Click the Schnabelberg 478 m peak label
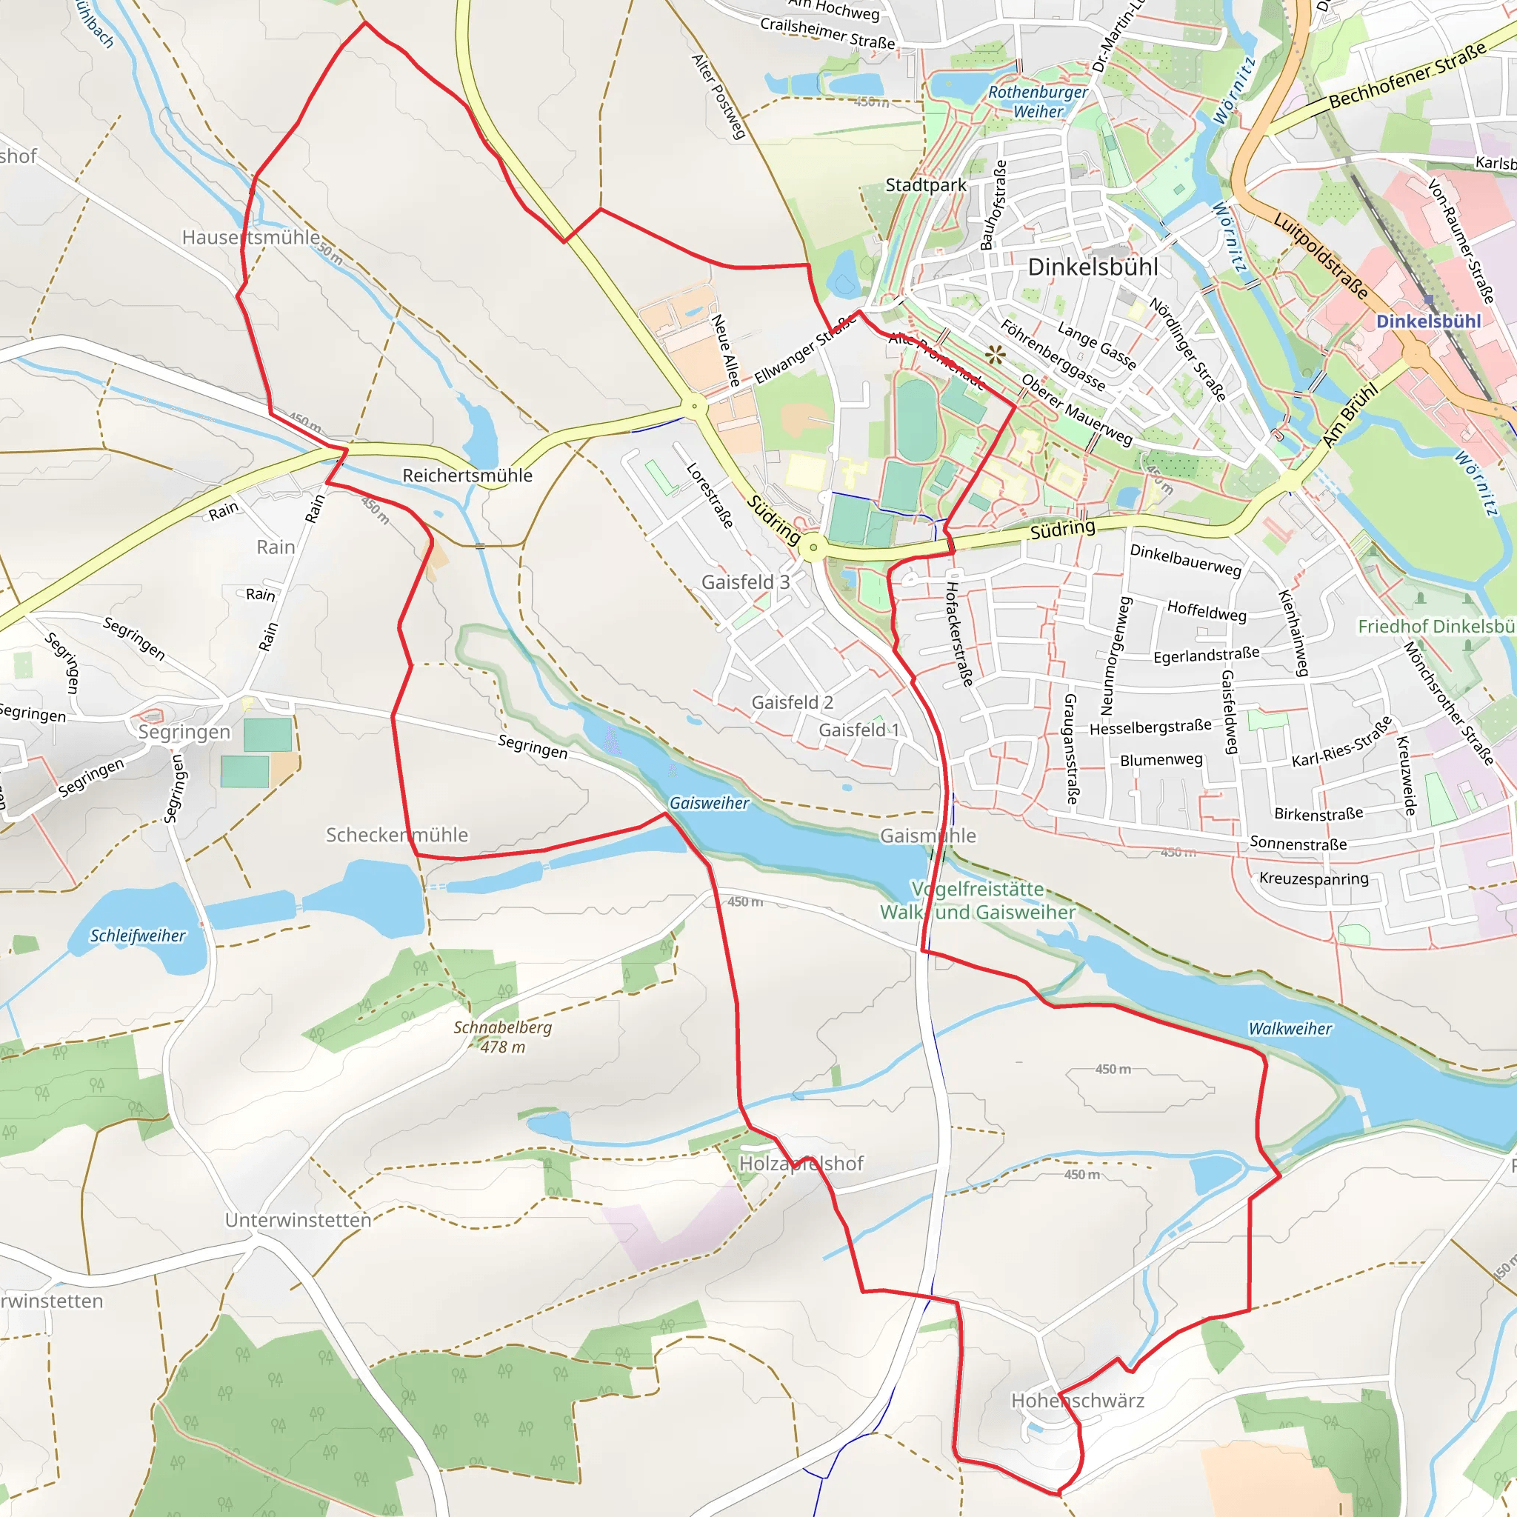[502, 1036]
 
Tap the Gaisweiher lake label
[708, 802]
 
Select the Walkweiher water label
[1290, 1028]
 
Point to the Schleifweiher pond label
[138, 936]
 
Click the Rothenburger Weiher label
[1037, 102]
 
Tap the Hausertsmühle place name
[250, 237]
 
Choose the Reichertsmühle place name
[467, 475]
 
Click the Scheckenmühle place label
[396, 835]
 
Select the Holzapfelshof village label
[801, 1164]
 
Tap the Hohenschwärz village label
[1077, 1401]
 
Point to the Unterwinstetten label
[298, 1220]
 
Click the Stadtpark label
[926, 185]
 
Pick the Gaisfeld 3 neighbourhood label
[745, 581]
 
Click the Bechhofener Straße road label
[1408, 76]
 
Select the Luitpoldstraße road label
[1321, 256]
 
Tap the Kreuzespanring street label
[1313, 878]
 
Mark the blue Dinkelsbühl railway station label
[1428, 321]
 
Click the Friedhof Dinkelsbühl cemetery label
[1436, 626]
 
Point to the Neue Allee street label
[725, 350]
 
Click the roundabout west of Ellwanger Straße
[693, 407]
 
